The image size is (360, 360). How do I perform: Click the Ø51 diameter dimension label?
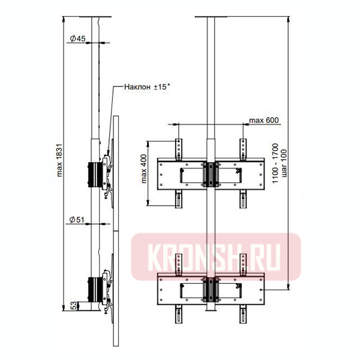[76, 220]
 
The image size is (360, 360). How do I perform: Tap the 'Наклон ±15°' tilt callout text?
[147, 87]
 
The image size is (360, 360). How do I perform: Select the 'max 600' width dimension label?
[265, 120]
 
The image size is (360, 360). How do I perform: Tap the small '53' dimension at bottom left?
[73, 306]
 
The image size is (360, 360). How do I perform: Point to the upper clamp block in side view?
[94, 174]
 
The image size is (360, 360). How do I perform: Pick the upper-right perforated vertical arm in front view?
[243, 149]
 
